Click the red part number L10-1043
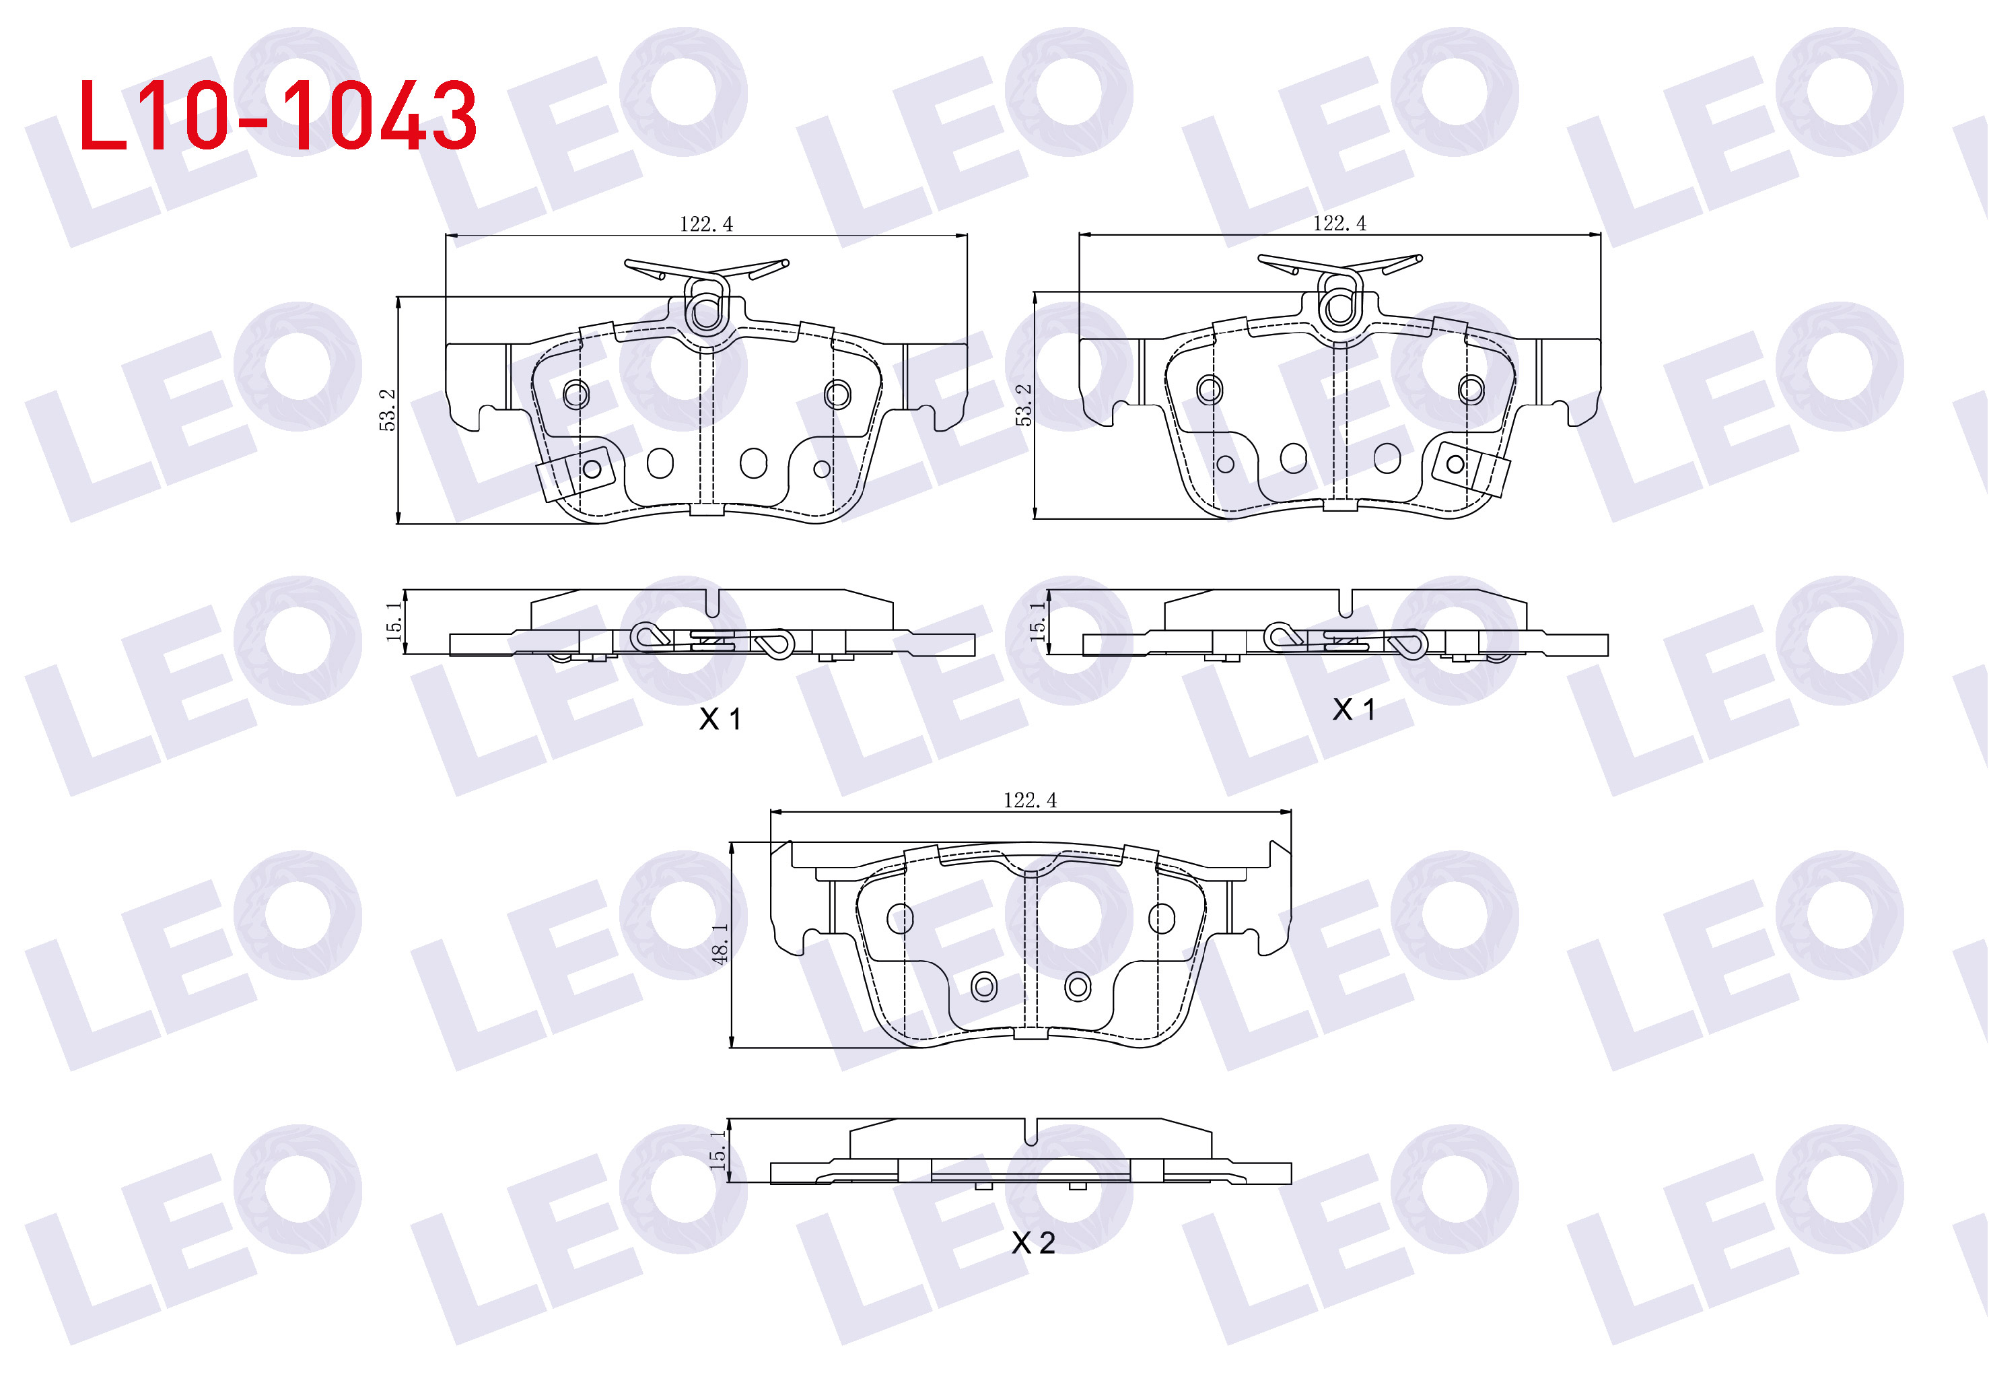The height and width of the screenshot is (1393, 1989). [277, 115]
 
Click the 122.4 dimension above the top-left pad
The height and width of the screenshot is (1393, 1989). [706, 224]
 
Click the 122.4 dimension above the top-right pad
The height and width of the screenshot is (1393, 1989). [1339, 224]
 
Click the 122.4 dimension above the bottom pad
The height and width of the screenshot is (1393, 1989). [1030, 801]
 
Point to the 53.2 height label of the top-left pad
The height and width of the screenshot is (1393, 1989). [387, 410]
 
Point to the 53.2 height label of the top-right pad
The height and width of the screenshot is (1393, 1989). [1024, 405]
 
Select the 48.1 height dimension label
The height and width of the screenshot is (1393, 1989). [720, 943]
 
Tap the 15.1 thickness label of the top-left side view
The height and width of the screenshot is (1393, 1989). [394, 621]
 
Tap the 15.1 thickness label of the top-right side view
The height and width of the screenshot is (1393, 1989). [1037, 621]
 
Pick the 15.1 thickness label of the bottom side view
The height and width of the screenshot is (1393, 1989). [718, 1149]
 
